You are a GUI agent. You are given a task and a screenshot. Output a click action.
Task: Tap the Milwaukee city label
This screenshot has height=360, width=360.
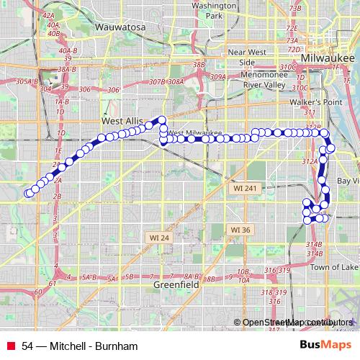tap(325, 57)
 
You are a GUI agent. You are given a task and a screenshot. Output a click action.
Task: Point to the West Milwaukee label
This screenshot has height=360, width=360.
tap(194, 133)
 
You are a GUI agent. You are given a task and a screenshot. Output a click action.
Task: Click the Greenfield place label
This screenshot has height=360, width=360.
tap(176, 285)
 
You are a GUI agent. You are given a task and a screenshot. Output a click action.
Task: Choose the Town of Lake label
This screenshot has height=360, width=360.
tap(334, 267)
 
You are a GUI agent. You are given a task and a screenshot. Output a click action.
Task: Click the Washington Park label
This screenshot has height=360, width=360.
tap(214, 10)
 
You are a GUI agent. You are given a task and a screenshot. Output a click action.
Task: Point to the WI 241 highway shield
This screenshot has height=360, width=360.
tap(245, 188)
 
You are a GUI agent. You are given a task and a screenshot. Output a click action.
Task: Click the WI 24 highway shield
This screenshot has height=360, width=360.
tap(159, 237)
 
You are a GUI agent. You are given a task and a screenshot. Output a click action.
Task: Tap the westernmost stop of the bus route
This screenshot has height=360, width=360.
tap(28, 193)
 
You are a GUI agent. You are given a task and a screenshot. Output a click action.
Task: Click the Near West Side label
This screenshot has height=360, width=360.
tap(247, 57)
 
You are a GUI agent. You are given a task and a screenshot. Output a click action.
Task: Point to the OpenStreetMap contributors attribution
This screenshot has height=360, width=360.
tap(297, 322)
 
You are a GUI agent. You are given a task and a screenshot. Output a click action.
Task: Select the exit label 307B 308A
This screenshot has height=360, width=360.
tap(165, 82)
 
